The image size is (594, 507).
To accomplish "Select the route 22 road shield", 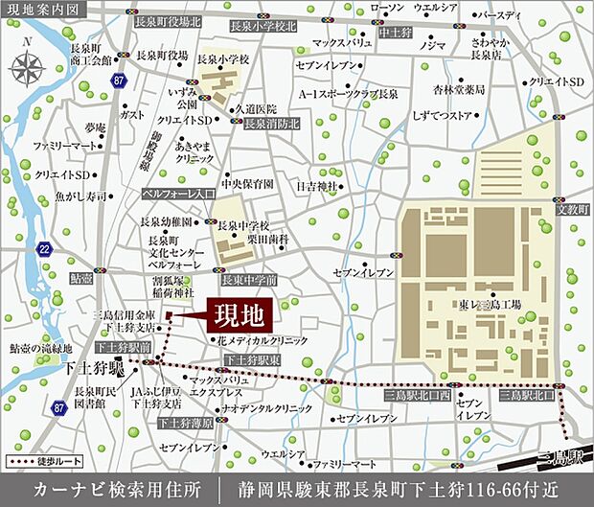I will [44, 249].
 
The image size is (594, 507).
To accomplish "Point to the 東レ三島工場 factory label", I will [491, 304].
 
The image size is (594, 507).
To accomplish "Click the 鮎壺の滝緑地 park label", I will [40, 349].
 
